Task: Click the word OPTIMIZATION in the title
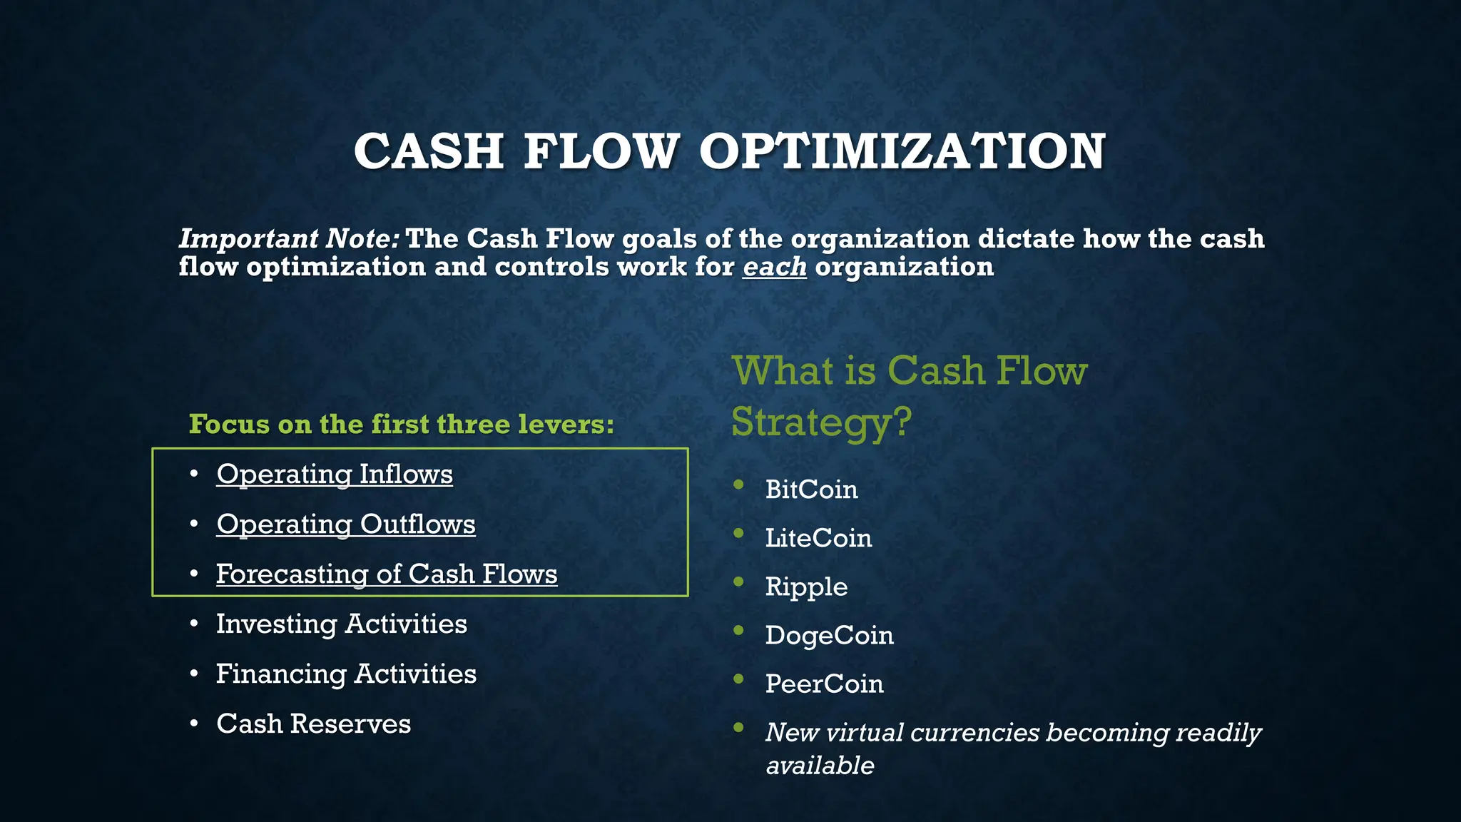click(902, 152)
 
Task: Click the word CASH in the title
click(429, 152)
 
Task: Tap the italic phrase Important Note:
click(289, 238)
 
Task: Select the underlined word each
click(774, 267)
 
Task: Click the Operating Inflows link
click(334, 475)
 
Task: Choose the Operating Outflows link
click(345, 524)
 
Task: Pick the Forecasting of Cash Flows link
click(386, 574)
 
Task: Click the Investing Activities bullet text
click(341, 624)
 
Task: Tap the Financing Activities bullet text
click(346, 674)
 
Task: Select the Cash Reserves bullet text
click(313, 724)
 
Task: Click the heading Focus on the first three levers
click(401, 425)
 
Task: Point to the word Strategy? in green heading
click(821, 422)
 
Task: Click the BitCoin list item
click(811, 489)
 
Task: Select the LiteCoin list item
click(818, 538)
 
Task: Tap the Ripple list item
click(806, 587)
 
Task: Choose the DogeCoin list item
click(829, 635)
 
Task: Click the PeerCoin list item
click(824, 684)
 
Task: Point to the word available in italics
click(820, 766)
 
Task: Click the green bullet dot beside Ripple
click(738, 582)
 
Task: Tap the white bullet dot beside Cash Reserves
click(194, 724)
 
